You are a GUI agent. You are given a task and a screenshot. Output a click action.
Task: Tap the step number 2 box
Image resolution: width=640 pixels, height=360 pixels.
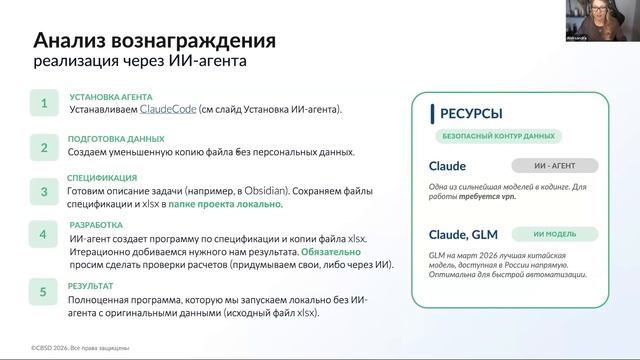pyautogui.click(x=43, y=147)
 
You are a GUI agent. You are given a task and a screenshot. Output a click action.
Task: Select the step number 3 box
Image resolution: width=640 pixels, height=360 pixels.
pyautogui.click(x=43, y=191)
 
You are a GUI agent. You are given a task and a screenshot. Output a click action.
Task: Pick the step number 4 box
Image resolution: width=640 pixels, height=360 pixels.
pyautogui.click(x=43, y=236)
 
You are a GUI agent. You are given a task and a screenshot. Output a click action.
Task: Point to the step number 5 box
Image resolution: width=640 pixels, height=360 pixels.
pyautogui.click(x=43, y=293)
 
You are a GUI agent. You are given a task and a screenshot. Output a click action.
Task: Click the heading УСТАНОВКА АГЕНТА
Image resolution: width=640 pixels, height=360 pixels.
pyautogui.click(x=110, y=97)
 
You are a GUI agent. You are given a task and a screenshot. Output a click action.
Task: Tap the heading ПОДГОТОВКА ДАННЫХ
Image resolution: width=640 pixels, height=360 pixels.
pyautogui.click(x=115, y=139)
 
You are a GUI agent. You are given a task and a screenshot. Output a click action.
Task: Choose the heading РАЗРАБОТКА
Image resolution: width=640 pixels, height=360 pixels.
pyautogui.click(x=95, y=225)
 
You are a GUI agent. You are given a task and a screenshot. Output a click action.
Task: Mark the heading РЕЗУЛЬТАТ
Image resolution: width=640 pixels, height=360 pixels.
pyautogui.click(x=92, y=286)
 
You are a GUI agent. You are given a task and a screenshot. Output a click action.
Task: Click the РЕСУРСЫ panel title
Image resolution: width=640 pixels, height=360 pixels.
pyautogui.click(x=471, y=113)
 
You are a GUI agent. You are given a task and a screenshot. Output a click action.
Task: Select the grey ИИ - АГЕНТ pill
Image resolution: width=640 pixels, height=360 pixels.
pyautogui.click(x=554, y=166)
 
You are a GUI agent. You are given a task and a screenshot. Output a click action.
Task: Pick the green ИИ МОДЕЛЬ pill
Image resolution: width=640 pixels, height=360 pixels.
pyautogui.click(x=554, y=235)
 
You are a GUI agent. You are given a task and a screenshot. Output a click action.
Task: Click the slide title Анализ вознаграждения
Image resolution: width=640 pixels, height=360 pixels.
pyautogui.click(x=154, y=42)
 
